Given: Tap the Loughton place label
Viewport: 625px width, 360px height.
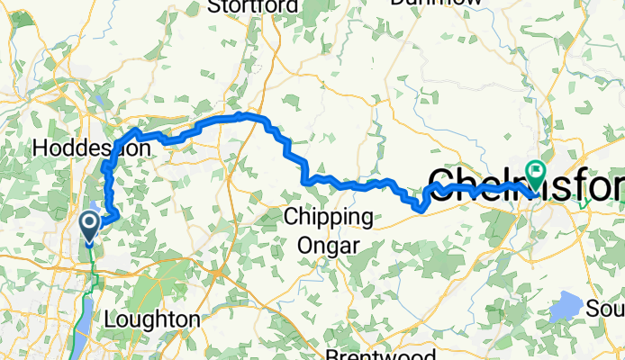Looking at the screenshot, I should (151, 319).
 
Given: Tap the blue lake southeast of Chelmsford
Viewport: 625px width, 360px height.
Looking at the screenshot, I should (566, 306).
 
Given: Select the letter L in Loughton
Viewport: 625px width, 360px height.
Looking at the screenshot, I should (110, 319).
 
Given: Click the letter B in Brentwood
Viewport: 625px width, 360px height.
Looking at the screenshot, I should (332, 354).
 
